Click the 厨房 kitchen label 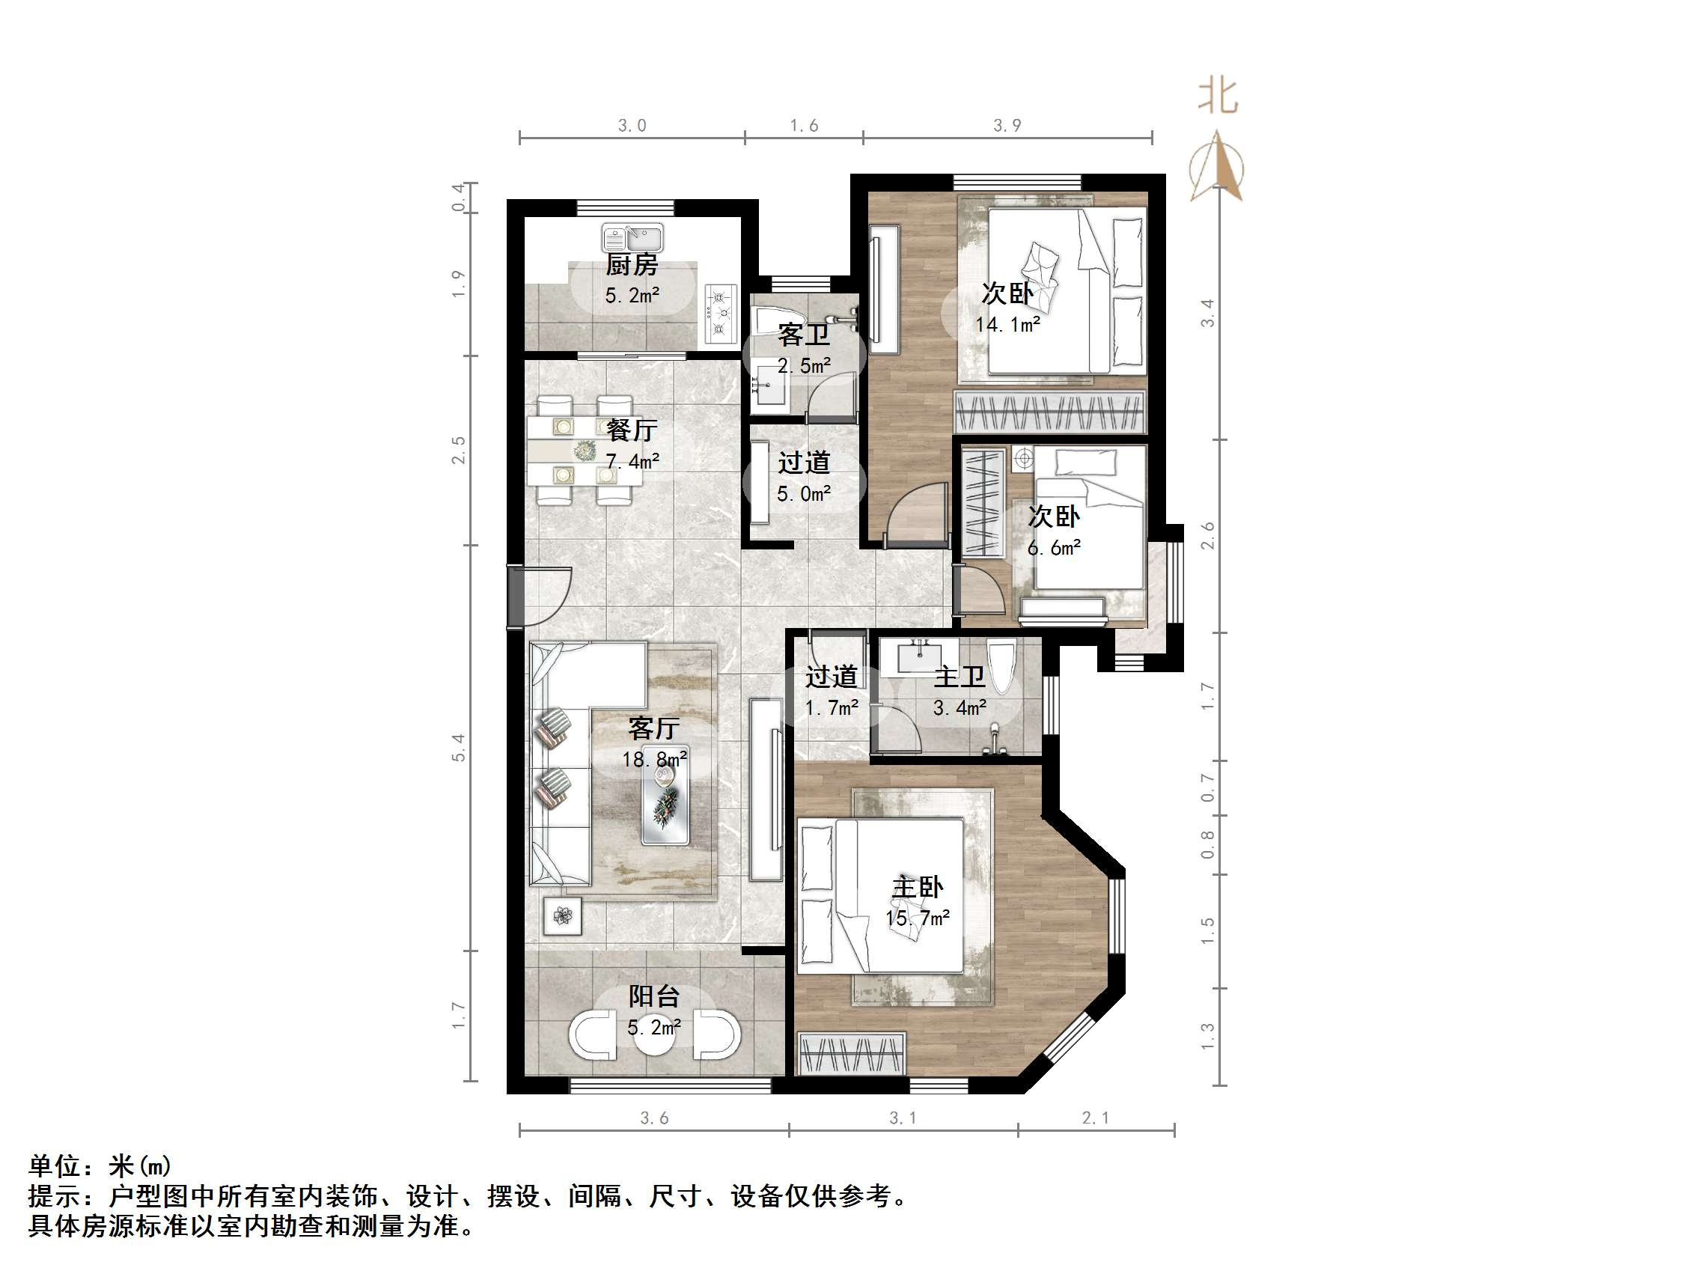tap(631, 265)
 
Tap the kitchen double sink tap(632, 237)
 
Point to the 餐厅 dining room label tap(631, 430)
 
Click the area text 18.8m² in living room tap(654, 759)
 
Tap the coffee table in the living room tap(665, 796)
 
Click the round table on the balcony tap(654, 1036)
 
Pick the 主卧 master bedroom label tap(917, 887)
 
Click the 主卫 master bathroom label tap(960, 677)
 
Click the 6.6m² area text tap(1054, 547)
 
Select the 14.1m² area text tap(1007, 325)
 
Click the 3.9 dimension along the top tap(1007, 125)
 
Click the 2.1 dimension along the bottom tap(1096, 1118)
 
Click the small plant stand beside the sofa tap(562, 915)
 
